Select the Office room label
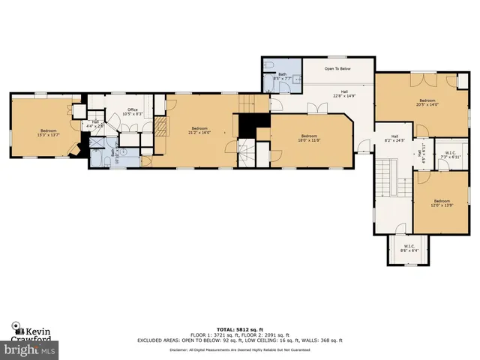tap(132, 112)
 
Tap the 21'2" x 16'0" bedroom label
tap(199, 130)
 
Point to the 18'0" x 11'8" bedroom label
tap(309, 138)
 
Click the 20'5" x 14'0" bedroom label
tap(427, 102)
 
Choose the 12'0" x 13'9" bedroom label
tap(441, 202)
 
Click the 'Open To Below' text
tap(338, 68)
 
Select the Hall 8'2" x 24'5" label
tap(394, 138)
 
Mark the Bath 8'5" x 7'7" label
tap(283, 75)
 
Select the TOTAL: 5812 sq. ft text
tap(240, 329)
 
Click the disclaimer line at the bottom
tap(240, 349)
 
